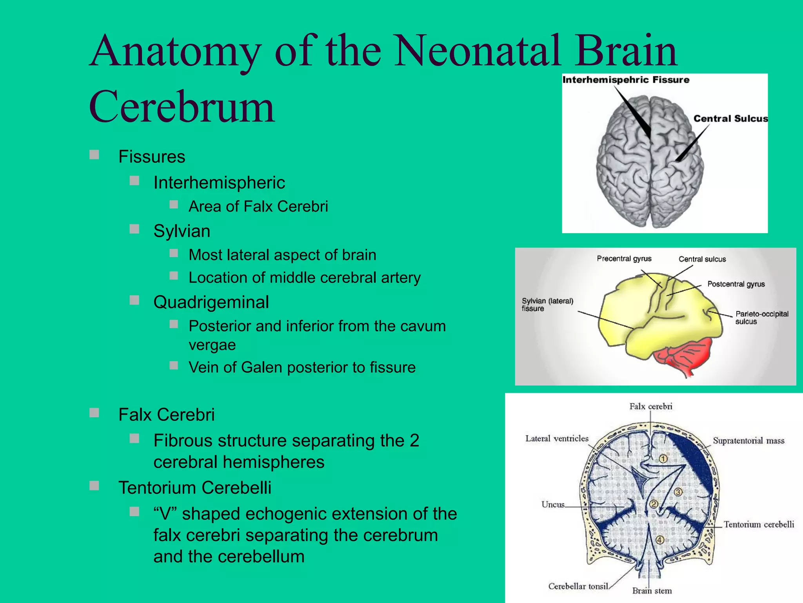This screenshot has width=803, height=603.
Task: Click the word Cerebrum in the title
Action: click(182, 107)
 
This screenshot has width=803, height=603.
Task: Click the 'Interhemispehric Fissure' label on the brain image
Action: click(626, 80)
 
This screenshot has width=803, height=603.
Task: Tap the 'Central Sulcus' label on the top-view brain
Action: click(730, 119)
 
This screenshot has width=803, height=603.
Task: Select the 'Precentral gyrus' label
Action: click(624, 258)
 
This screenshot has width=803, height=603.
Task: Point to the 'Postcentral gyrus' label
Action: click(736, 284)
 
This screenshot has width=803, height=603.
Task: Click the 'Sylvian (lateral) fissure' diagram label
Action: click(547, 305)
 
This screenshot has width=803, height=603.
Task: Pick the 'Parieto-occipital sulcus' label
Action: click(761, 317)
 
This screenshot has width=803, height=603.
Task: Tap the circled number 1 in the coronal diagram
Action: click(663, 459)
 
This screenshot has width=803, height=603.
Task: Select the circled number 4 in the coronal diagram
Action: click(659, 540)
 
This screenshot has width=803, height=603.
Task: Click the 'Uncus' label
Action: click(553, 504)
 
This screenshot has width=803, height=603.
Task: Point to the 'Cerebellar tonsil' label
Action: click(578, 586)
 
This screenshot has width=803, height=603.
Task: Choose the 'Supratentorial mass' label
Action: click(748, 440)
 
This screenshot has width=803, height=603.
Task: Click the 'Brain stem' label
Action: click(652, 591)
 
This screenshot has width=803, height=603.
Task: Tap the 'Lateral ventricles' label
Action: click(557, 439)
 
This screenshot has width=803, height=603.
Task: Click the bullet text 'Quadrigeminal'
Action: click(211, 302)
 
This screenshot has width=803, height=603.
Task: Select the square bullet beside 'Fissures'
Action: click(94, 154)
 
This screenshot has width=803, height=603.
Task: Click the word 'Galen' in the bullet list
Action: click(262, 367)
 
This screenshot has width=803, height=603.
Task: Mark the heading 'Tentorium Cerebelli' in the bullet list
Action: click(195, 488)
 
